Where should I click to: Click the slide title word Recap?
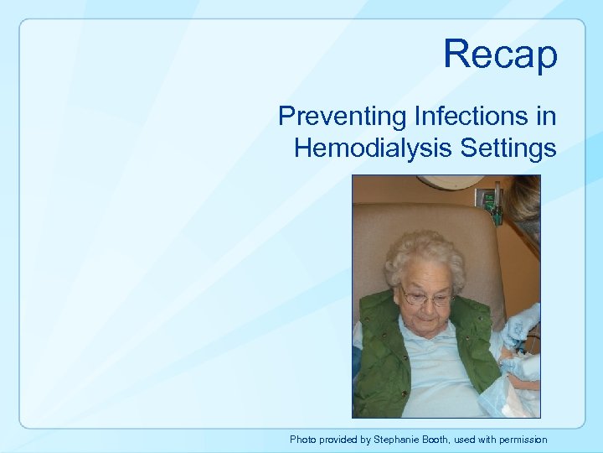point(500,54)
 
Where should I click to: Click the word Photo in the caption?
point(303,439)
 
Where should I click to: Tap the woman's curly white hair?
point(423,256)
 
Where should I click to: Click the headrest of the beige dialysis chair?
point(402,218)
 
